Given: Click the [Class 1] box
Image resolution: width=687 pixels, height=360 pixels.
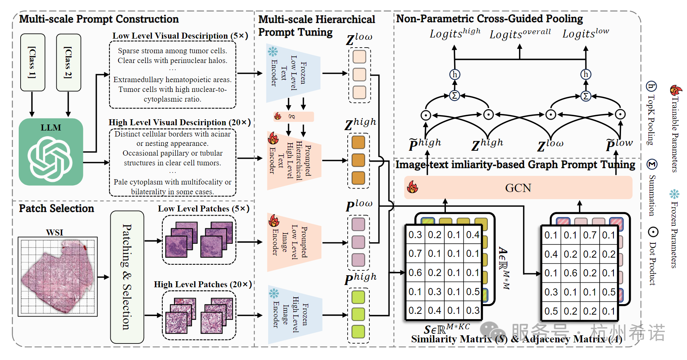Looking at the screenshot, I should pos(33,62).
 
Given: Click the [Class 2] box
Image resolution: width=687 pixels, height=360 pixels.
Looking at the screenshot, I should pos(68,62).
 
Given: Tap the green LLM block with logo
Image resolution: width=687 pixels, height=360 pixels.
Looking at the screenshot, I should pos(51,152).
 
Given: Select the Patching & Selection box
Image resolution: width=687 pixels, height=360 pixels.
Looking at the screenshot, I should pos(127,277).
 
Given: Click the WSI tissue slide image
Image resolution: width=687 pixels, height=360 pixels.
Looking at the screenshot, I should pos(58,277).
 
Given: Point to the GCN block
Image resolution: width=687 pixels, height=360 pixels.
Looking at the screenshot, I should pos(518,188).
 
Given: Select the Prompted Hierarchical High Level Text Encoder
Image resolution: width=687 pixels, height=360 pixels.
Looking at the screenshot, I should pos(294,160).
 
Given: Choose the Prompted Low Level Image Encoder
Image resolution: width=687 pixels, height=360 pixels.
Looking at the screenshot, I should pos(294,242).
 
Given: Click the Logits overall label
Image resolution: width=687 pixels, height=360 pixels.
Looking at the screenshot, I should pos(520,34).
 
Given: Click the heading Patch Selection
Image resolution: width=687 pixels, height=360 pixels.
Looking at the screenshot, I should pos(57,208).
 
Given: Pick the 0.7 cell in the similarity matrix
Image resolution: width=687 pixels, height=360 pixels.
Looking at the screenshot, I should pos(415,254).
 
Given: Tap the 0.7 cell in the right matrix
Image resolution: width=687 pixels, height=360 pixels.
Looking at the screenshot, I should pos(589,235).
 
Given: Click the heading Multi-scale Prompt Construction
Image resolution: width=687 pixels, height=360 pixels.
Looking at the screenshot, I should pos(99,19).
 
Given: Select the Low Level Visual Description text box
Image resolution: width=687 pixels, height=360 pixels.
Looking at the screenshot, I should pos(172,75).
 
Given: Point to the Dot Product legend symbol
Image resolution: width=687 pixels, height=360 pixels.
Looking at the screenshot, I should pos(653,232).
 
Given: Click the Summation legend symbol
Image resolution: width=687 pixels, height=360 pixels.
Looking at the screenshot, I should pos(652,164).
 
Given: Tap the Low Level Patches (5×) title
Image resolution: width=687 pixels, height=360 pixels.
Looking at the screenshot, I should pos(204,209).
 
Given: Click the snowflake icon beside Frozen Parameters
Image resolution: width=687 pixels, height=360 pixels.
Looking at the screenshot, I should pos(674,194).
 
